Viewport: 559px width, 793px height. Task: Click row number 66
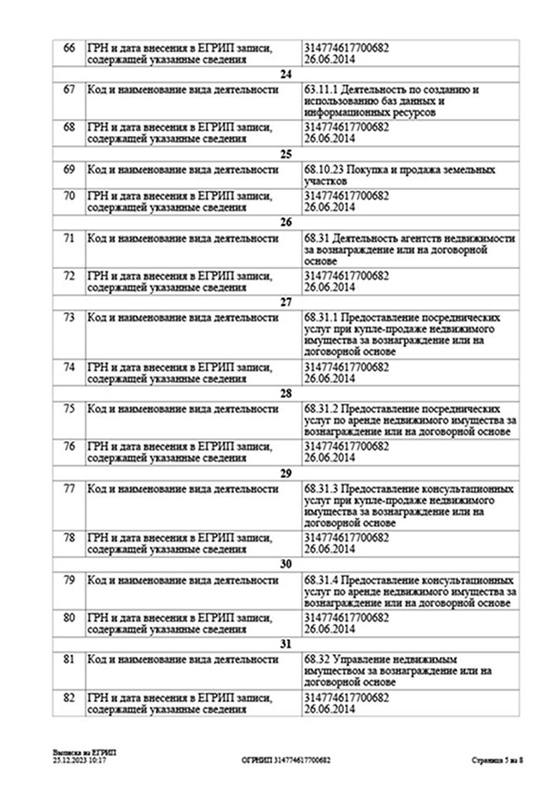point(69,48)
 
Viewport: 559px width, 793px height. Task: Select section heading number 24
point(286,74)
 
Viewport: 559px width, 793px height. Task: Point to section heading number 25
point(286,154)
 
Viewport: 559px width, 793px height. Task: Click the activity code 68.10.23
point(323,170)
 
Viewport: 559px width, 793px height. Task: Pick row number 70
point(69,195)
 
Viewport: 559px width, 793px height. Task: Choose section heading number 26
point(286,222)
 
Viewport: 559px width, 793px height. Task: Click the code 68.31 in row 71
point(315,238)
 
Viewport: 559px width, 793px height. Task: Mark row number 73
point(69,317)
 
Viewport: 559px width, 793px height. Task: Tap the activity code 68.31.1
point(321,317)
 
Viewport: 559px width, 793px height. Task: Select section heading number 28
point(286,394)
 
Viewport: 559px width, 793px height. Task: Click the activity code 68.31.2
point(321,409)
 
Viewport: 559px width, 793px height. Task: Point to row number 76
point(69,446)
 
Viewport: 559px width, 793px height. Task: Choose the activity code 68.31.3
point(321,489)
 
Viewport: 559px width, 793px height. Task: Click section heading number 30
point(286,564)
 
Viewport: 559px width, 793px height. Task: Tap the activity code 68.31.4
point(321,580)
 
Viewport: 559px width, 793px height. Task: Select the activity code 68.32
point(315,658)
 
